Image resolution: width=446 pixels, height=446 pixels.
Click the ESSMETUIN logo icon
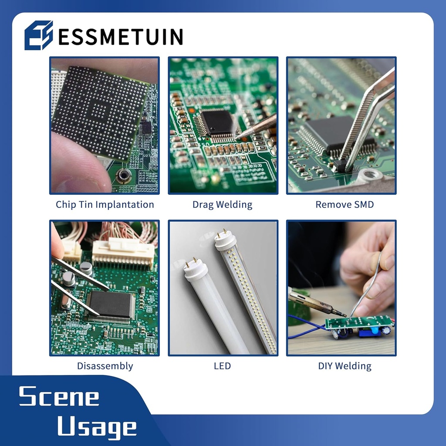pos(38,35)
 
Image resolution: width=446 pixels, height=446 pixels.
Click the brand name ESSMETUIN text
pos(120,37)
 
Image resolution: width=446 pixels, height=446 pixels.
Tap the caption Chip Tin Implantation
pos(105,204)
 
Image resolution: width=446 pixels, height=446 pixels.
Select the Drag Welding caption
pos(222,204)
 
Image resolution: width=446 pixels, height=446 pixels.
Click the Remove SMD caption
pos(345,204)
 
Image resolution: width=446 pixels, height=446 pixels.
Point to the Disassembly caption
pos(105,366)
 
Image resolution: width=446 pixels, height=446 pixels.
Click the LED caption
pos(222,366)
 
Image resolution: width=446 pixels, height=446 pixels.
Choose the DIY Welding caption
pos(345,366)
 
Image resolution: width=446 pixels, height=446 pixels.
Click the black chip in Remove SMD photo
pos(326,133)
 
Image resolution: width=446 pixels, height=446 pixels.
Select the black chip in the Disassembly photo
pos(110,304)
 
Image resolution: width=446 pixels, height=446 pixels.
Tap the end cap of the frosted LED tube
pos(195,270)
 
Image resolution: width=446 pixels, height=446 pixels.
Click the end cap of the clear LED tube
pos(225,241)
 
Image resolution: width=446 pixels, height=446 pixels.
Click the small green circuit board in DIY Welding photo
pos(358,323)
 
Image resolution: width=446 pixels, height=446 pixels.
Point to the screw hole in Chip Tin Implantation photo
pos(124,176)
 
